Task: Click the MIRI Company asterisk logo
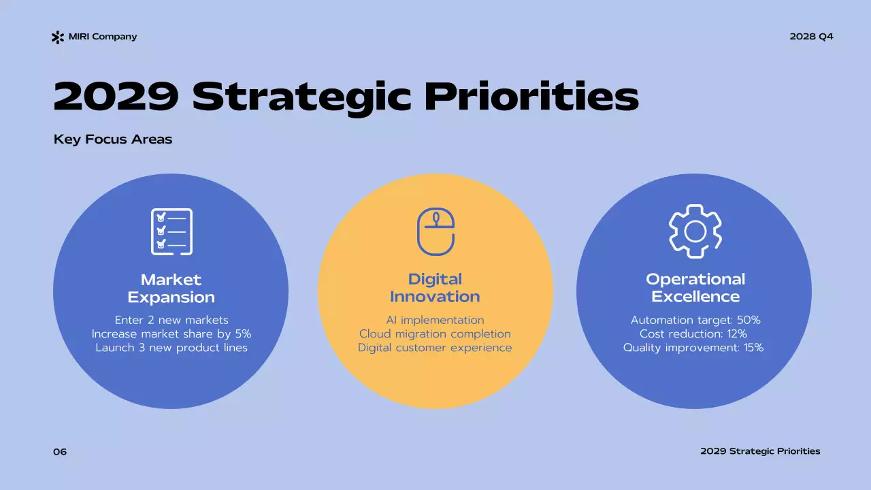(58, 37)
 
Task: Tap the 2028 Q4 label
(811, 37)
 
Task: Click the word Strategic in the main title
(301, 97)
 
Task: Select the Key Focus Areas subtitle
(113, 140)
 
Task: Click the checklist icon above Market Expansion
(171, 231)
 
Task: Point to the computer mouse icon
(435, 231)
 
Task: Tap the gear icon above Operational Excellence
(695, 231)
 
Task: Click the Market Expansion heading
(171, 288)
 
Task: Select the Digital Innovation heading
(435, 288)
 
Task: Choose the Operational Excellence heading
(695, 288)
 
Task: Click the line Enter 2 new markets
(171, 320)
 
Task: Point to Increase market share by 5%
(171, 333)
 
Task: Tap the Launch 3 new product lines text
(171, 348)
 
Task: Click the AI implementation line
(435, 320)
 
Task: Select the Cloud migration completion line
(435, 333)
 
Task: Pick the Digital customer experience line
(435, 348)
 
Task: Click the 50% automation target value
(748, 320)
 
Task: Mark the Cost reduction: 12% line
(693, 333)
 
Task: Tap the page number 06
(60, 452)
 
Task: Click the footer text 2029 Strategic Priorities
(760, 451)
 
